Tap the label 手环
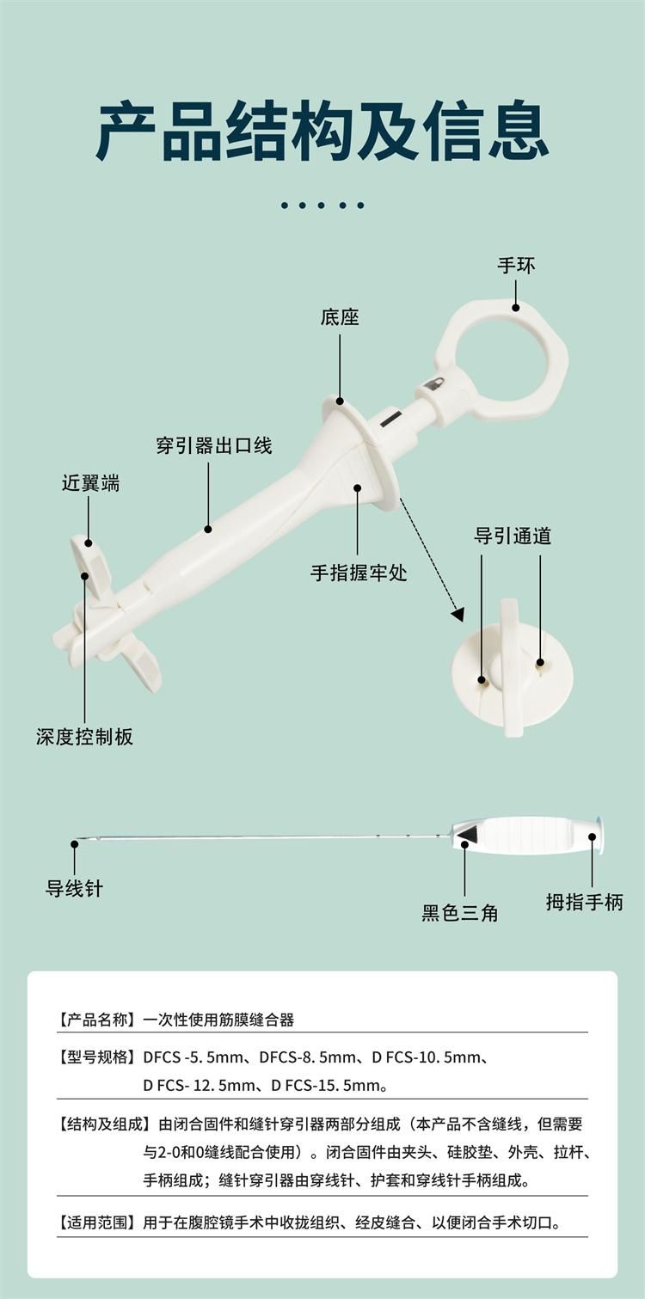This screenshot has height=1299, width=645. [x=516, y=266]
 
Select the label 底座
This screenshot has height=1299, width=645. [x=340, y=317]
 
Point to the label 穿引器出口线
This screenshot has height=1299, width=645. [x=214, y=445]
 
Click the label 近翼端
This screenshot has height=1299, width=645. [x=90, y=483]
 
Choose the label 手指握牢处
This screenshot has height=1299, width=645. [x=359, y=573]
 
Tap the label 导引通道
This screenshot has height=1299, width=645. [x=513, y=536]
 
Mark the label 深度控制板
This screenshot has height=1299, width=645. [x=84, y=737]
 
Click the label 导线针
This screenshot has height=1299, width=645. [x=74, y=888]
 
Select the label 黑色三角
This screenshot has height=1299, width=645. [x=459, y=912]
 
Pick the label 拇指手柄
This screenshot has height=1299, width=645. [x=585, y=902]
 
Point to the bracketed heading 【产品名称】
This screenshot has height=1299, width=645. [x=96, y=1020]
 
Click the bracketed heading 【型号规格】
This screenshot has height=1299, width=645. [x=96, y=1057]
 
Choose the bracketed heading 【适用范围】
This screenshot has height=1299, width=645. [x=96, y=1222]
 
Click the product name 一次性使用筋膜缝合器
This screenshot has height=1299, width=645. [x=218, y=1020]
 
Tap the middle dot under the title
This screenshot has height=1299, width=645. [x=322, y=205]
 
